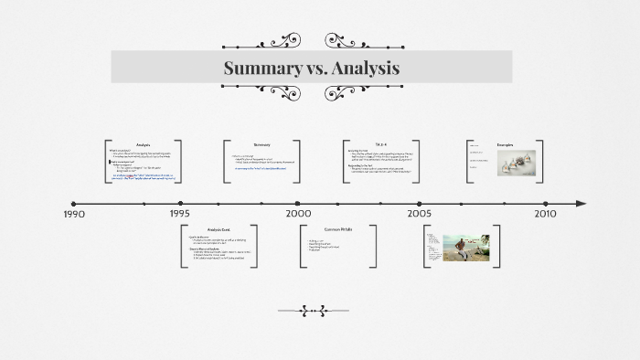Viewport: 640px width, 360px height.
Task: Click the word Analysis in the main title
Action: (x=363, y=69)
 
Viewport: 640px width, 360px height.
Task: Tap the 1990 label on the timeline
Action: (x=74, y=214)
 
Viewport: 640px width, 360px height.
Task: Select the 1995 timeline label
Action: (x=179, y=214)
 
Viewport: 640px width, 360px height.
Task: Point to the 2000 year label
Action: (x=298, y=214)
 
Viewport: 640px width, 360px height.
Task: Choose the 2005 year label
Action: (x=420, y=214)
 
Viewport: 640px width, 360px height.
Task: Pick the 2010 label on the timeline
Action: (x=545, y=214)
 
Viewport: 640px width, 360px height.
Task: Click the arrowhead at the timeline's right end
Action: (x=581, y=204)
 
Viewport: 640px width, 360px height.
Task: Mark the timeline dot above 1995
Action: (x=180, y=204)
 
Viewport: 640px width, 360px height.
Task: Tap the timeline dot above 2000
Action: (x=298, y=204)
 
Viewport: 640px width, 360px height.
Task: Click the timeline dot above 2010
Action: (x=546, y=204)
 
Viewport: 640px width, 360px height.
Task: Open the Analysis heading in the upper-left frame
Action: (x=143, y=145)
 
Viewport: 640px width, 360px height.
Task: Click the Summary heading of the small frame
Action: (x=262, y=144)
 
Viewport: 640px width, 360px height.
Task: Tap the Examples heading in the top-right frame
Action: (x=506, y=145)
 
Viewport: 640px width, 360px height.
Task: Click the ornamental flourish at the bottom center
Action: (x=314, y=311)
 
